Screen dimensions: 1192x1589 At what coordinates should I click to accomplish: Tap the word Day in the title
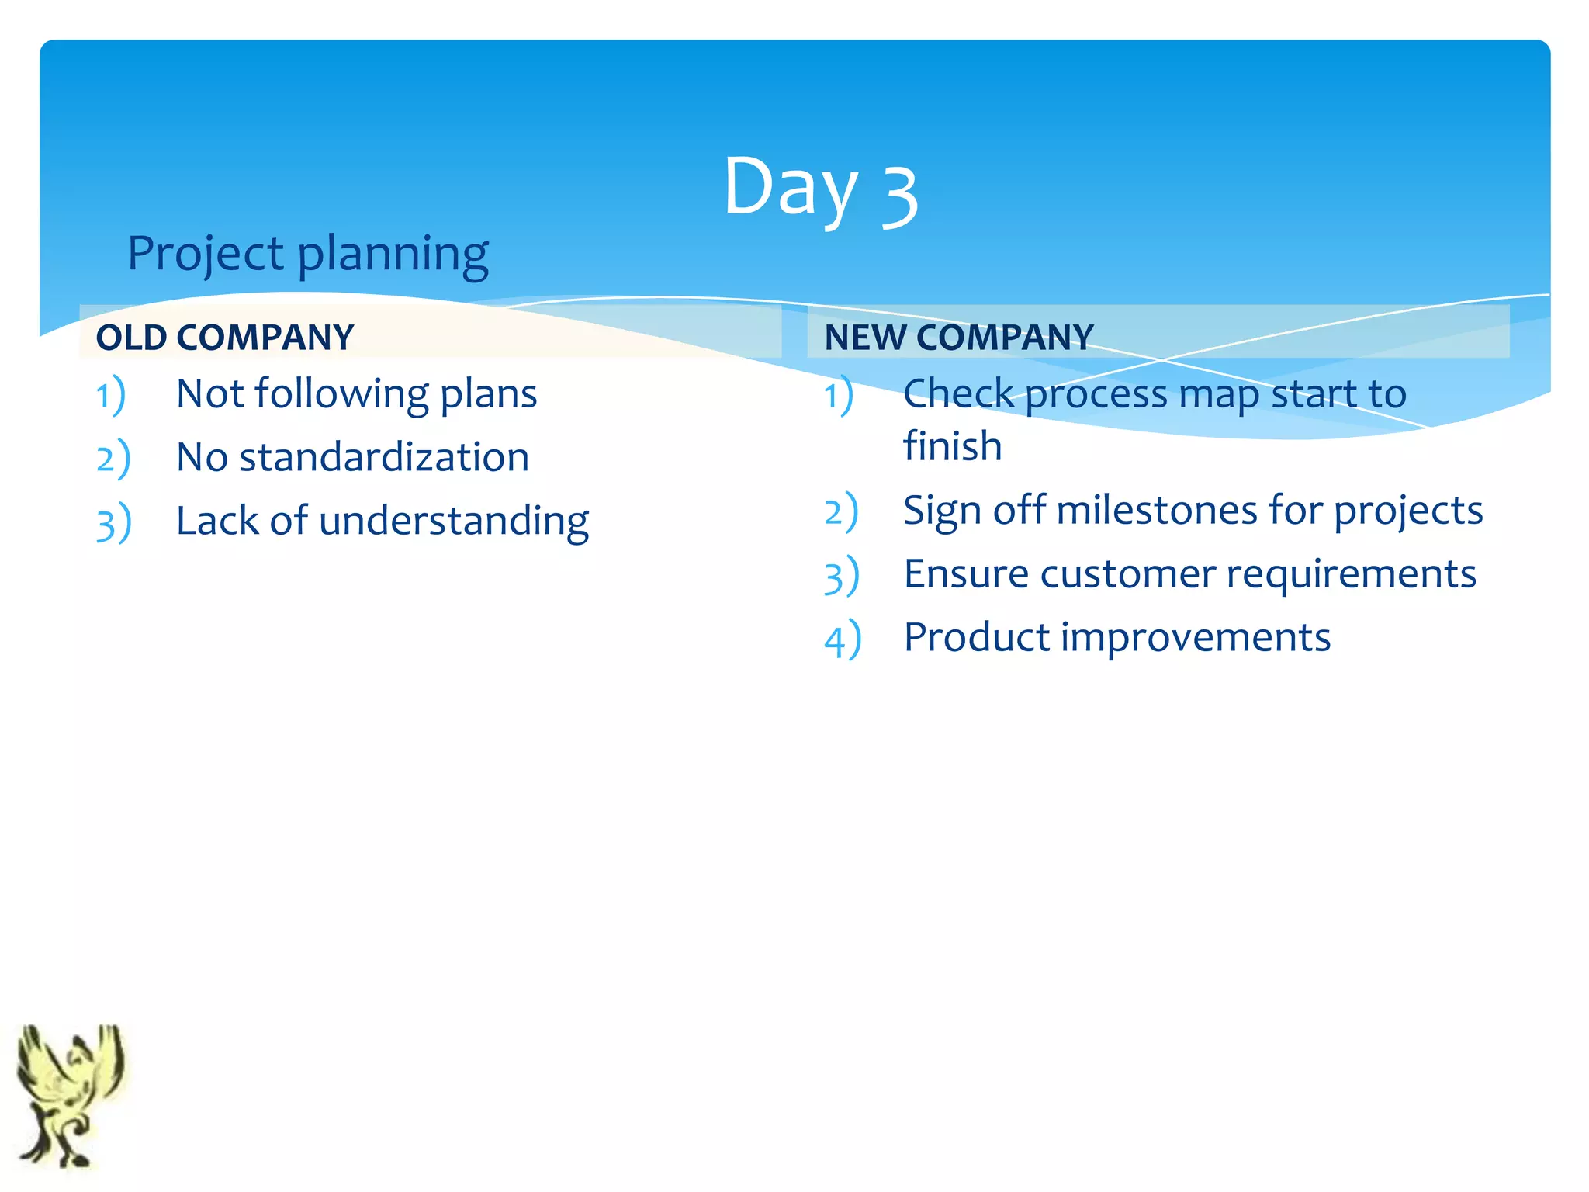click(x=790, y=188)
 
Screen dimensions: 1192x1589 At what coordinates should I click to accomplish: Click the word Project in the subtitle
click(x=206, y=254)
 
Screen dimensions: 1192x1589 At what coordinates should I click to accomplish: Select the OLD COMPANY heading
click(x=225, y=338)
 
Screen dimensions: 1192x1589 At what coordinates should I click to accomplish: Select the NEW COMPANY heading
click(x=959, y=338)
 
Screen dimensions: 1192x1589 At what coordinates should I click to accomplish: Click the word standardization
click(x=384, y=457)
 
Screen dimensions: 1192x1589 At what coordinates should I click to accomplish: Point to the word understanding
click(x=454, y=521)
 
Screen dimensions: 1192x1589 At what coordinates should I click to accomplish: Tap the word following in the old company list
click(x=341, y=394)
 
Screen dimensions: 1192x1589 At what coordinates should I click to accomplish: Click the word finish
click(x=952, y=446)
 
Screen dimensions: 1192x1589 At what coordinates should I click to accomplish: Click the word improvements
click(x=1195, y=638)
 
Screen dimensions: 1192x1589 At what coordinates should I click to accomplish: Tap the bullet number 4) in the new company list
click(x=843, y=639)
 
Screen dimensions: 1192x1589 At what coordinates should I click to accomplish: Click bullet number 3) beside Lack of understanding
click(x=114, y=522)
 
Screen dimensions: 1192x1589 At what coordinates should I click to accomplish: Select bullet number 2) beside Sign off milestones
click(x=841, y=512)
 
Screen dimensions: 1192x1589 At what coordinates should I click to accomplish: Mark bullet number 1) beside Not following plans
click(x=111, y=395)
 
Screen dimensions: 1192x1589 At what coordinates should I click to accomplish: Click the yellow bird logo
click(x=70, y=1094)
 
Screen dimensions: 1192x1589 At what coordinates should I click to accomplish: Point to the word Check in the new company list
click(x=958, y=394)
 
